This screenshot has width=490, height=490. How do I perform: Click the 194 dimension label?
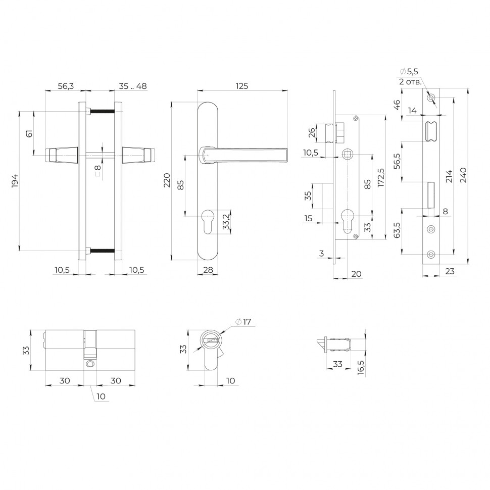[x=15, y=181]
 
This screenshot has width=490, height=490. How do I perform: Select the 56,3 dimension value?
[x=66, y=86]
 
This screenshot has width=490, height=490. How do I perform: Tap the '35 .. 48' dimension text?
[x=133, y=86]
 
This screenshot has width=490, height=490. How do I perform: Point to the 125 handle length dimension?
[x=242, y=86]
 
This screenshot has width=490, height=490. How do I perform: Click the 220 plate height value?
[x=167, y=180]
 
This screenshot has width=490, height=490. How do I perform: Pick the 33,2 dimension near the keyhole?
[x=226, y=222]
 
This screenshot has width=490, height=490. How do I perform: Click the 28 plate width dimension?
[x=208, y=270]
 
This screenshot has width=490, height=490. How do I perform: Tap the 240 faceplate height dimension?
[x=463, y=175]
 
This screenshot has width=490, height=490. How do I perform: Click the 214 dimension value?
[x=449, y=176]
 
